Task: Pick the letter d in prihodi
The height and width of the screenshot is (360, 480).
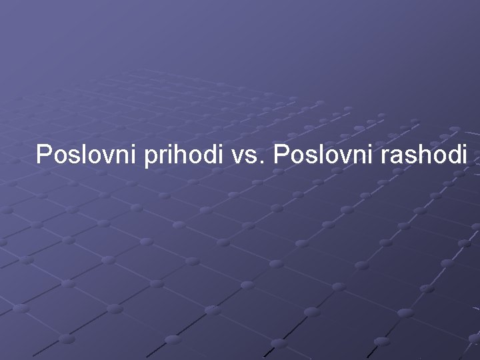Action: point(211,155)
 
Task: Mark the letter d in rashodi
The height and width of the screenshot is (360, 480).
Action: point(453,155)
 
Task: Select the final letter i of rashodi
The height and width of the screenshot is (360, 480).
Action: point(464,155)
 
